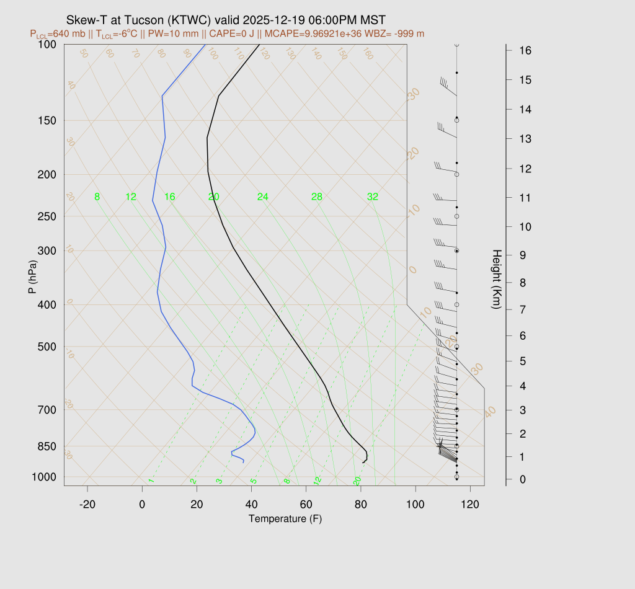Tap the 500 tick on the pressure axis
(x=47, y=347)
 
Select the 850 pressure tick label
(x=47, y=446)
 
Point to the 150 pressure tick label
(x=47, y=120)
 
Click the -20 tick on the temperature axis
(x=87, y=505)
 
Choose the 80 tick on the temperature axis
(x=361, y=505)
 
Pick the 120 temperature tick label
(x=470, y=505)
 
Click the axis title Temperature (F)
(x=285, y=518)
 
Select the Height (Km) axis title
(x=496, y=280)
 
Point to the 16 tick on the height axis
(x=525, y=50)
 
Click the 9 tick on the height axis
(x=525, y=254)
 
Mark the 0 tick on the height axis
(x=525, y=479)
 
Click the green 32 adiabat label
(x=373, y=197)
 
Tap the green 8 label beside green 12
(x=97, y=197)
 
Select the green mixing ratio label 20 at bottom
(x=357, y=481)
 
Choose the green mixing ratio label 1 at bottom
(x=151, y=481)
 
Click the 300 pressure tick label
(x=47, y=251)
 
